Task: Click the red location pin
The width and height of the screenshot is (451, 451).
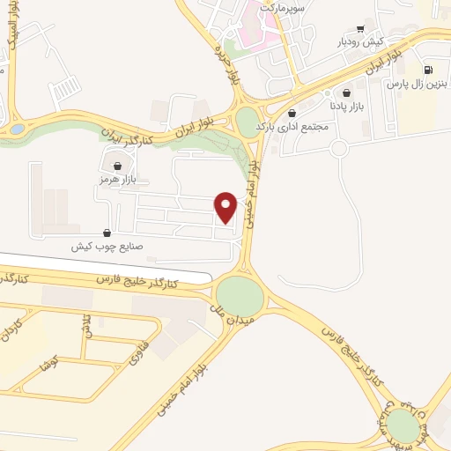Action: [x=227, y=206]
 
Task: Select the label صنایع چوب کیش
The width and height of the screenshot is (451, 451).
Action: [x=107, y=248]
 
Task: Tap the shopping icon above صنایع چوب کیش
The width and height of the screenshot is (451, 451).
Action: [x=107, y=233]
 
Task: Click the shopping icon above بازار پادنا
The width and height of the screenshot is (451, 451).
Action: [x=346, y=92]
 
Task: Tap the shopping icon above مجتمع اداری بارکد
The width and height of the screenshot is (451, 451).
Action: [x=292, y=113]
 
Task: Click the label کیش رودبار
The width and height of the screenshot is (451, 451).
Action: [x=359, y=41]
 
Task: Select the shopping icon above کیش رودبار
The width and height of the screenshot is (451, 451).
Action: [x=359, y=27]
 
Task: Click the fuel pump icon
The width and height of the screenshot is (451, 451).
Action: [x=428, y=70]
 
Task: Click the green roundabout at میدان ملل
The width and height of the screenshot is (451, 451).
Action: [x=240, y=294]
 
